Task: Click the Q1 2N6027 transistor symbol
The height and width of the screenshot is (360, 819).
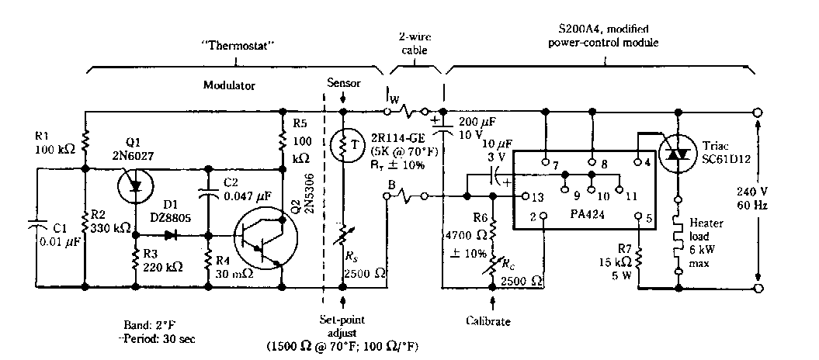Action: (133, 183)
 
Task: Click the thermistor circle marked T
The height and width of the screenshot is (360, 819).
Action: (342, 145)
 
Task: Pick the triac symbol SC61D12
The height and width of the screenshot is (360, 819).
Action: (678, 154)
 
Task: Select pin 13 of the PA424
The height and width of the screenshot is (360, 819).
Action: (526, 197)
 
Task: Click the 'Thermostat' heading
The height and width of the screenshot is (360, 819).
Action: (234, 46)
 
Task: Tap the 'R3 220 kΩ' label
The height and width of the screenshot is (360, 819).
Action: (159, 259)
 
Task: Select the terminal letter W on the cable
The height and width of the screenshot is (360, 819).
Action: (394, 100)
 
